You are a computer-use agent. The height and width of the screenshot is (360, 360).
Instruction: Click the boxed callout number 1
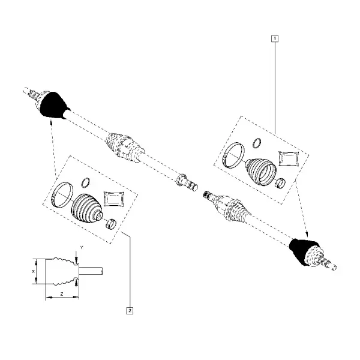tap(275, 38)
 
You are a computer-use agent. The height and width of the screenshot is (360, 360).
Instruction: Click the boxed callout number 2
tap(130, 311)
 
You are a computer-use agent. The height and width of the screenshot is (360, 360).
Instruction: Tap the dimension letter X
tap(33, 271)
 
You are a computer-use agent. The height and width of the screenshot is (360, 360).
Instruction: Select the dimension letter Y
tap(82, 247)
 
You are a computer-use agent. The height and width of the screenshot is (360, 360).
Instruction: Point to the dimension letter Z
tap(62, 294)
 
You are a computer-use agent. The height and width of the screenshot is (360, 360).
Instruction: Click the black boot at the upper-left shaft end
tap(54, 106)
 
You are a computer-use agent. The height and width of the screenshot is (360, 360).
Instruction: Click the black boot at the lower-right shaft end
tap(301, 251)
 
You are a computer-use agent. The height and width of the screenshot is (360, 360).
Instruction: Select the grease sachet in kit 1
tap(289, 158)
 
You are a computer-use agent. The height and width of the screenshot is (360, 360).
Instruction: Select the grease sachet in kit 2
tap(114, 199)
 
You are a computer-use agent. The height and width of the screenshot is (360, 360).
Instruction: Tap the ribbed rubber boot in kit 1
tap(260, 171)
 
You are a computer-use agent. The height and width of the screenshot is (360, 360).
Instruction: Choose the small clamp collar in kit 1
tap(280, 183)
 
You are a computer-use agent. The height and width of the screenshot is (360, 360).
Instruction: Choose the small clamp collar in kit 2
tap(111, 224)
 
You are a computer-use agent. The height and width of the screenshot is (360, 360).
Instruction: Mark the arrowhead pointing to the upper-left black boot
tap(51, 121)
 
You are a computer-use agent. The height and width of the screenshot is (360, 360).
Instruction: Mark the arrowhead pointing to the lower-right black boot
tap(307, 235)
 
